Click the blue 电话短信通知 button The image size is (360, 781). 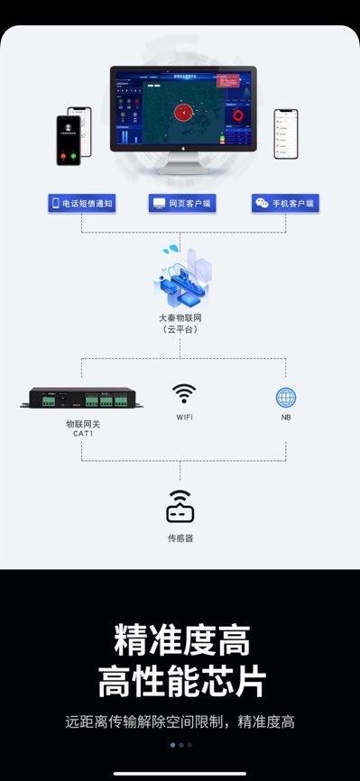(81, 204)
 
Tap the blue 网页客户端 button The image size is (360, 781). (180, 204)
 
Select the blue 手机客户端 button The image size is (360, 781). (285, 204)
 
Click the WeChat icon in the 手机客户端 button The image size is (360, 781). (262, 204)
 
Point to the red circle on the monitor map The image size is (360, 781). (183, 113)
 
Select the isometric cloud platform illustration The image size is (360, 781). (184, 276)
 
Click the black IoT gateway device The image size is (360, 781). (82, 399)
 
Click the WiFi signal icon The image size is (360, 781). (184, 393)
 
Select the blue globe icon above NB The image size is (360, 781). (286, 397)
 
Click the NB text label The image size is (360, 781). (286, 418)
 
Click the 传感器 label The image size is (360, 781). (180, 538)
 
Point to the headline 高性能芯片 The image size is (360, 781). (181, 680)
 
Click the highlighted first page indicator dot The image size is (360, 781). (171, 745)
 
